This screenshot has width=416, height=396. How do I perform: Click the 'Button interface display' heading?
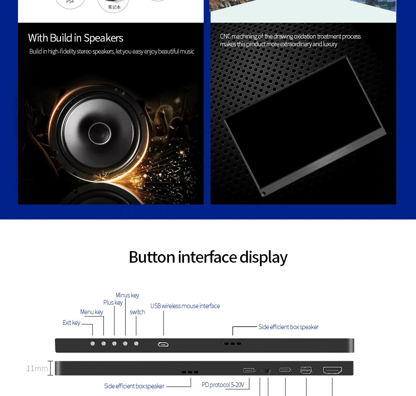(x=208, y=257)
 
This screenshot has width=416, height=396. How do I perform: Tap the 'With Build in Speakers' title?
(x=75, y=38)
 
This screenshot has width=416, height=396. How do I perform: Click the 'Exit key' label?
(x=71, y=323)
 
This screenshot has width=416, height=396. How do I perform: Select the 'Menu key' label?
(x=91, y=312)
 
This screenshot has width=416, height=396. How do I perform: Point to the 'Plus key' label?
(x=113, y=303)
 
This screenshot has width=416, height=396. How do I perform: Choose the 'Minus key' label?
(x=127, y=295)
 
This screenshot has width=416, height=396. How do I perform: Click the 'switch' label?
(x=137, y=312)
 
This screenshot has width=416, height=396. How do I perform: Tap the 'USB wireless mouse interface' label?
(x=185, y=306)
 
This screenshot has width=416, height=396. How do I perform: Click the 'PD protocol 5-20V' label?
(x=223, y=385)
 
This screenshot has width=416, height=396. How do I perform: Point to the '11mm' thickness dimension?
(x=37, y=369)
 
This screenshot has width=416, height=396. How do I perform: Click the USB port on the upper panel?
(x=163, y=344)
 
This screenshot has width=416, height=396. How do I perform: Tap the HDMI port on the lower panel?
(x=332, y=370)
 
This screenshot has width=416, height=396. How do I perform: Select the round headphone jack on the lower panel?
(x=268, y=370)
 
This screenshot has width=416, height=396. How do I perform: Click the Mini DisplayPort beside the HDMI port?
(x=306, y=370)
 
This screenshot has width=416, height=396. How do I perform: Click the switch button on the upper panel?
(x=136, y=344)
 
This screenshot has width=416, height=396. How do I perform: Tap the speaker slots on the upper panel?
(x=232, y=344)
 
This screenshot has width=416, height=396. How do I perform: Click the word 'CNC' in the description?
(x=226, y=36)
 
